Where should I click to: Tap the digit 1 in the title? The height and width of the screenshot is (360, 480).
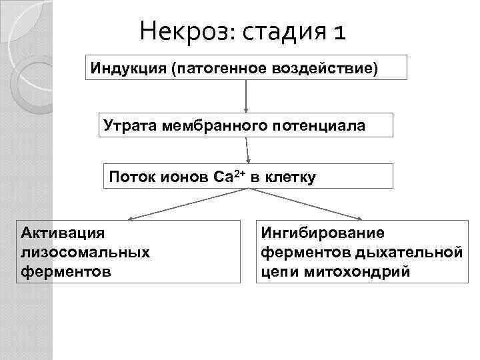click(339, 31)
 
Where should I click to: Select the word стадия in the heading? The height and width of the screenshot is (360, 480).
click(284, 31)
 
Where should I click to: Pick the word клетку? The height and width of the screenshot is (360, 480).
click(291, 177)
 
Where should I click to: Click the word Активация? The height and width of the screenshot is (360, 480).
click(63, 233)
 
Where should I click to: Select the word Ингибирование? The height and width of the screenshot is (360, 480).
click(323, 233)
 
